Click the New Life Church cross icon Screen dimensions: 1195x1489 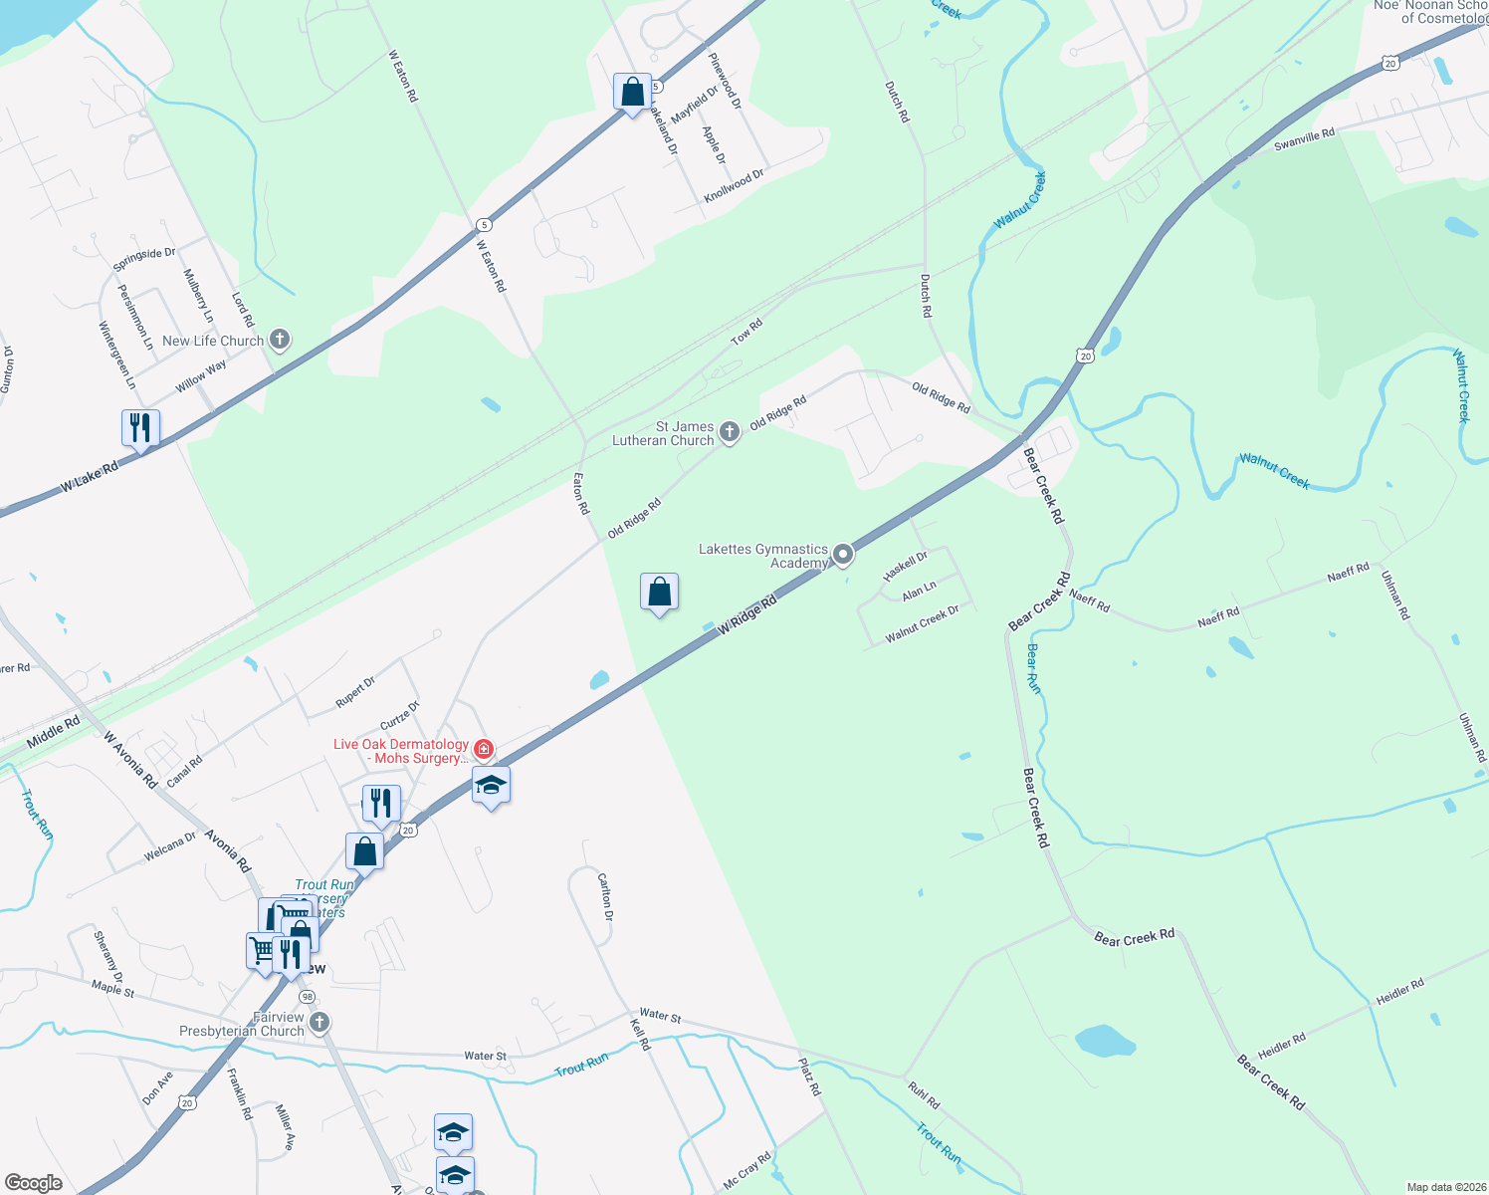pos(280,341)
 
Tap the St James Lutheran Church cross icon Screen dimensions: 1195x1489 pos(730,432)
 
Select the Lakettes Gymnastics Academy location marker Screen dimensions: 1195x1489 pos(843,554)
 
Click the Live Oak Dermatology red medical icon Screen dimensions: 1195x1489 pos(484,749)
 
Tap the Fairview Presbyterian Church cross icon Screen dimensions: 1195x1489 pos(319,1023)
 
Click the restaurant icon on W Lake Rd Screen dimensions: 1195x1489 pos(140,428)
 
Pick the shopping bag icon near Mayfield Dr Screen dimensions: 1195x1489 pos(633,93)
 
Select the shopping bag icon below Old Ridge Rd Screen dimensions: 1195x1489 pos(659,593)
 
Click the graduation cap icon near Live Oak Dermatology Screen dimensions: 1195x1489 pos(491,786)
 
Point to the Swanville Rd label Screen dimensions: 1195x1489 pos(1304,139)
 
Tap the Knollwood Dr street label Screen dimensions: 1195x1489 pos(734,186)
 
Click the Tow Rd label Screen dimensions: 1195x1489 pos(746,332)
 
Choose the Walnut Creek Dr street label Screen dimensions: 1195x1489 pos(922,622)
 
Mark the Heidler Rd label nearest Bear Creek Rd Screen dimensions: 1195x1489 pos(1281,1046)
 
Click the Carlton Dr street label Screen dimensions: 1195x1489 pos(605,896)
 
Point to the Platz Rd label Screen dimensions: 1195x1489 pos(810,1076)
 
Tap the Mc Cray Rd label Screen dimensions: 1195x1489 pos(746,1171)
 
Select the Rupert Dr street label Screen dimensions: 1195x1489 pos(355,692)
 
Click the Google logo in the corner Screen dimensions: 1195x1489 pos(34,1183)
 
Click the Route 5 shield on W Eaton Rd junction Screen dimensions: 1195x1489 pos(484,225)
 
